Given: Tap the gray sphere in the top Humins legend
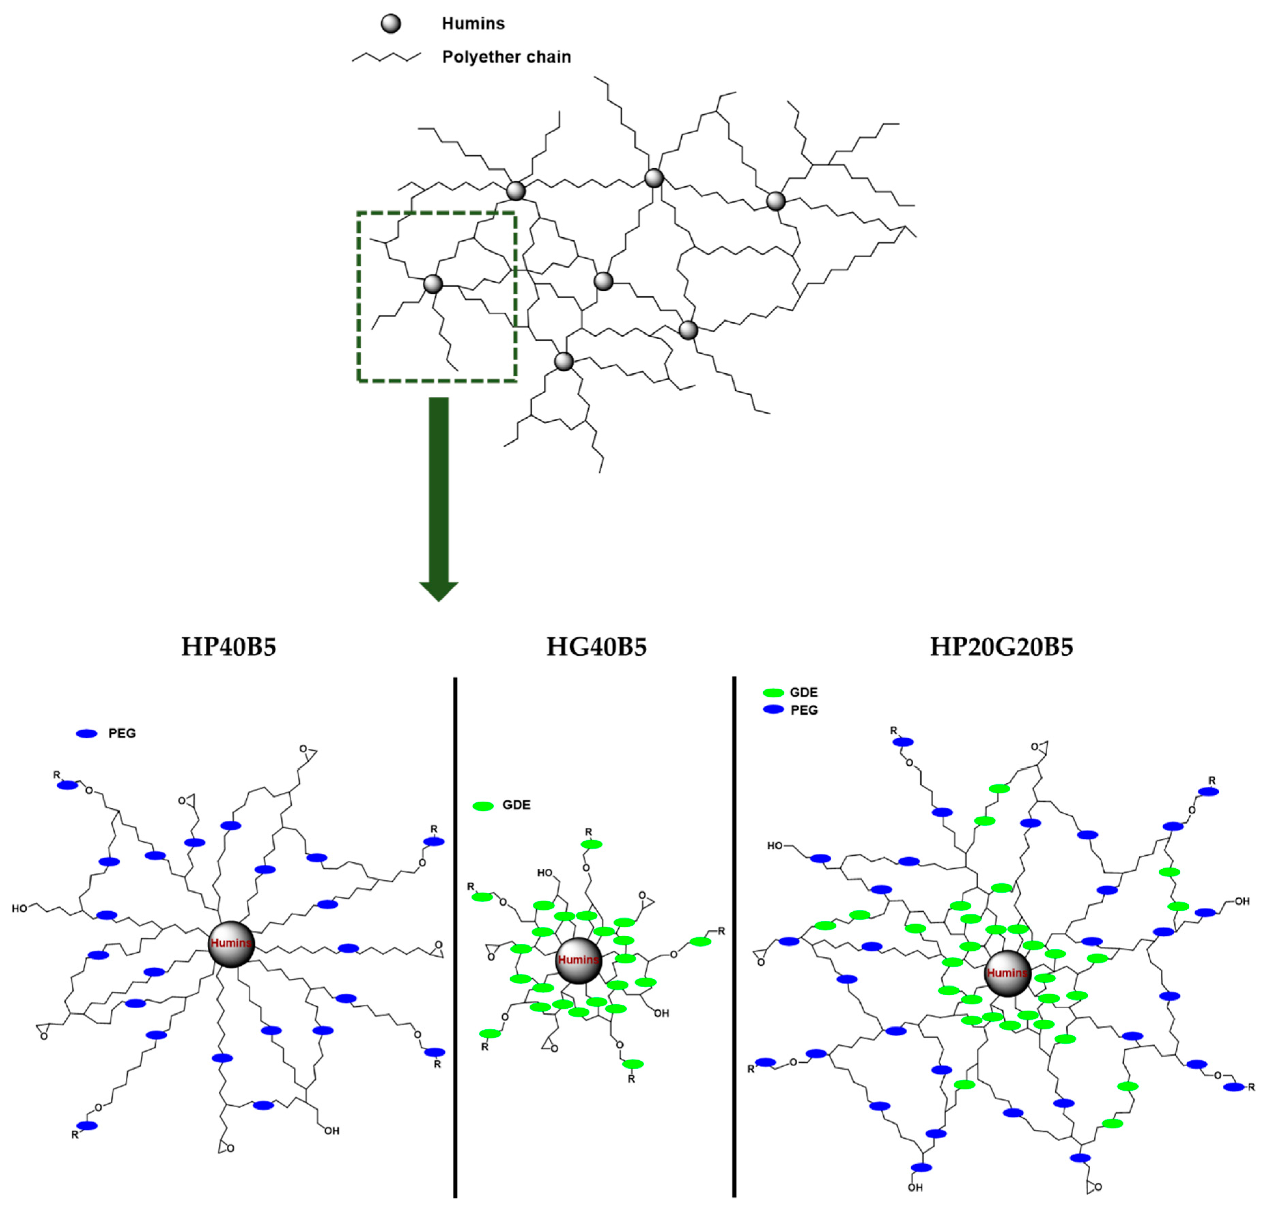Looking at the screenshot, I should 390,24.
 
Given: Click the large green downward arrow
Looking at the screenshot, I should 439,497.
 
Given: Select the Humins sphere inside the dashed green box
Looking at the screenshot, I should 433,283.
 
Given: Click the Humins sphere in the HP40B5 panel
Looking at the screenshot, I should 231,944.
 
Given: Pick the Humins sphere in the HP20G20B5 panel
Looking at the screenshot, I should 1007,973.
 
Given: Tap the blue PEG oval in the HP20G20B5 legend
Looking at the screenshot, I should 773,709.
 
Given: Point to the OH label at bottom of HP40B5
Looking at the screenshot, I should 332,1131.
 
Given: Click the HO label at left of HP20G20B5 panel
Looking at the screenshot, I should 774,846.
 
